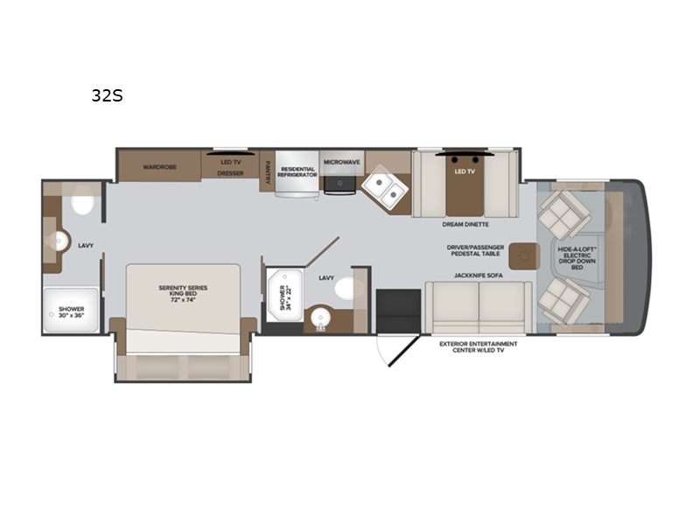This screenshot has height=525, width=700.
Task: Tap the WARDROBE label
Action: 160,166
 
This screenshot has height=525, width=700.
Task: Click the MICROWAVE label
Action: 341,163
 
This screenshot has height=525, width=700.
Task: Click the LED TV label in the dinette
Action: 465,173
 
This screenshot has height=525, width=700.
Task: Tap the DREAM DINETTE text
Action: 465,225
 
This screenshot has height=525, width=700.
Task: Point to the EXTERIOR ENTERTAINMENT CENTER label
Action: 478,348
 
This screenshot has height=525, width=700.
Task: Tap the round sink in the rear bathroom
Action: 60,242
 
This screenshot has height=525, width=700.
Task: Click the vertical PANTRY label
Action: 266,172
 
